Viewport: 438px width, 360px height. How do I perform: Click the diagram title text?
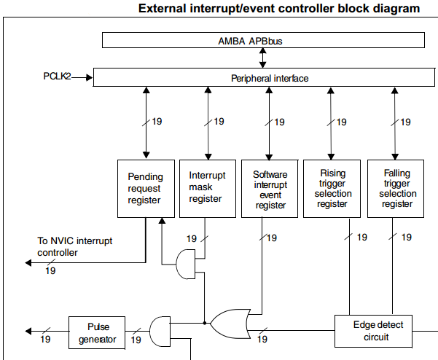tap(278, 9)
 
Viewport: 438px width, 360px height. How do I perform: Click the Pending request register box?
tap(146, 188)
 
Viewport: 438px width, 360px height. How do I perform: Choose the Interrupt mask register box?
tap(208, 188)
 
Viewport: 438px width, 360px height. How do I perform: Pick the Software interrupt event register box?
tap(270, 188)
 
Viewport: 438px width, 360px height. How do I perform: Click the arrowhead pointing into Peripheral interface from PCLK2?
tap(90, 76)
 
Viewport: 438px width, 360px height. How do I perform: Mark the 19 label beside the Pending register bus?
tap(157, 122)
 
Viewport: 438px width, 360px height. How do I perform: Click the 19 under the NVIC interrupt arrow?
tap(51, 271)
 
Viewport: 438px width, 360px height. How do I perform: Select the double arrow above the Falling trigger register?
tap(396, 122)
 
